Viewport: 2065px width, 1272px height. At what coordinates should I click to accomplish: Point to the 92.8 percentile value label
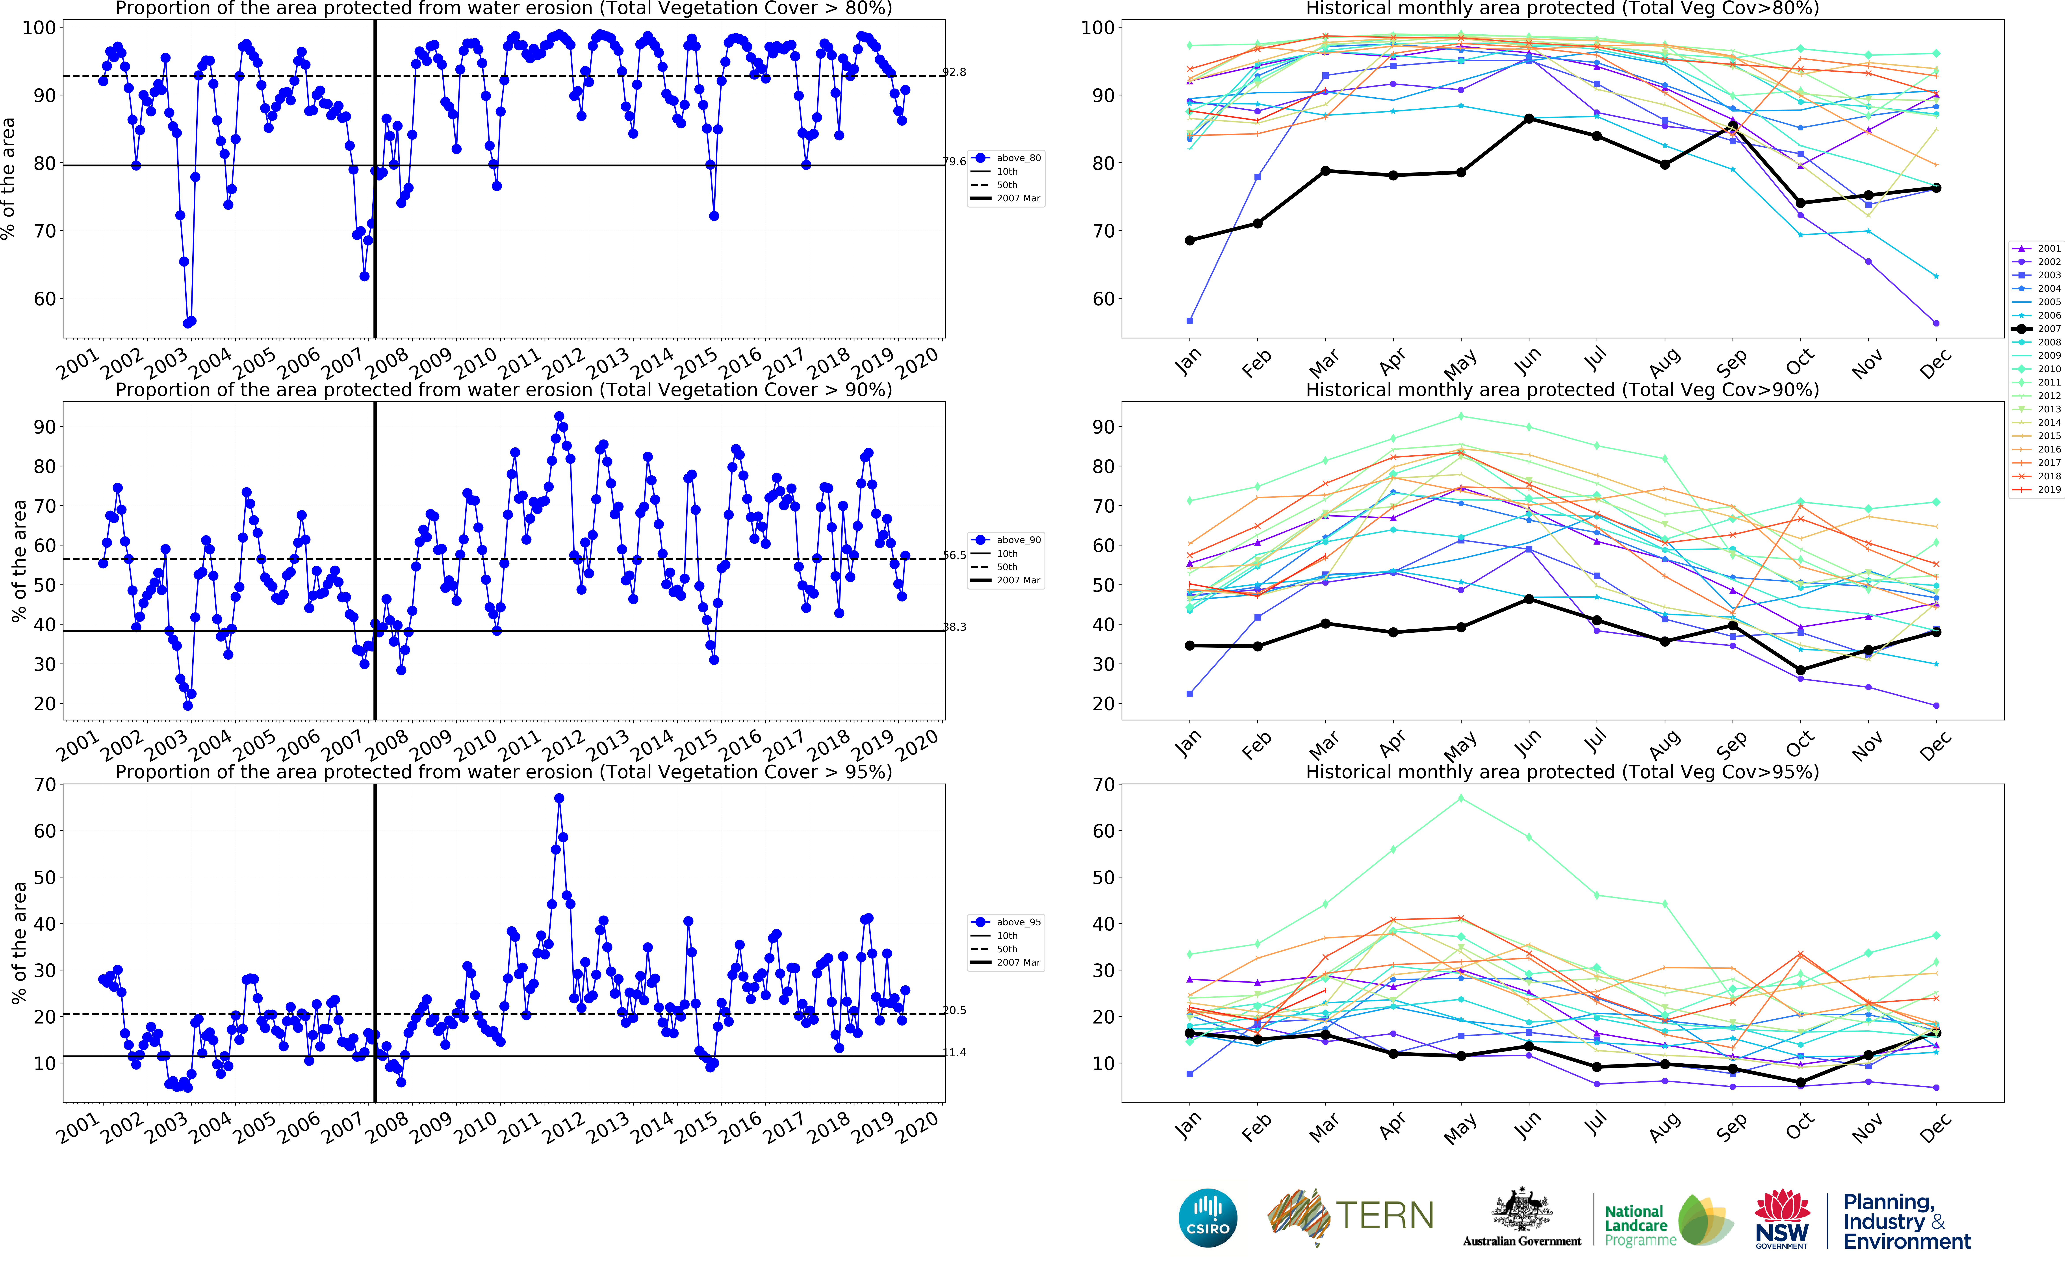tap(955, 72)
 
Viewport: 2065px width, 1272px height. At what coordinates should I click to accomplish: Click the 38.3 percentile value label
tap(955, 627)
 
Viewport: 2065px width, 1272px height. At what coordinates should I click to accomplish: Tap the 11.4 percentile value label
tap(955, 1052)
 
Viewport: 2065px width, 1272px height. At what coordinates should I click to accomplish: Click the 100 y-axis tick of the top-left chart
tap(39, 28)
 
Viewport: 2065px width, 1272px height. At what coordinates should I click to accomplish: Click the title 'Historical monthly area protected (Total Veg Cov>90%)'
tap(1562, 390)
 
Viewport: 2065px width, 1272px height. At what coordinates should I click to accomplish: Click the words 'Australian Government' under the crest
tap(1522, 1241)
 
